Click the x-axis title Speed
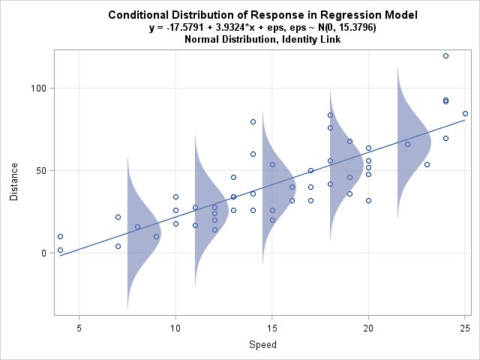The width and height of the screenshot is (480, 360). click(x=262, y=345)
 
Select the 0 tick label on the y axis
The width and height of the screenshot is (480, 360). click(x=43, y=253)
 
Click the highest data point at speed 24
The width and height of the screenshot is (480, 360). click(x=445, y=55)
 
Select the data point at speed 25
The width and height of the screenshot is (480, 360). click(x=465, y=113)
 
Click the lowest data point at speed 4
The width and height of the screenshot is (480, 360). click(x=60, y=250)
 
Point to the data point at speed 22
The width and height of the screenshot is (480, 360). click(x=407, y=144)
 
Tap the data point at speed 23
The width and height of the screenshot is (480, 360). click(x=427, y=164)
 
